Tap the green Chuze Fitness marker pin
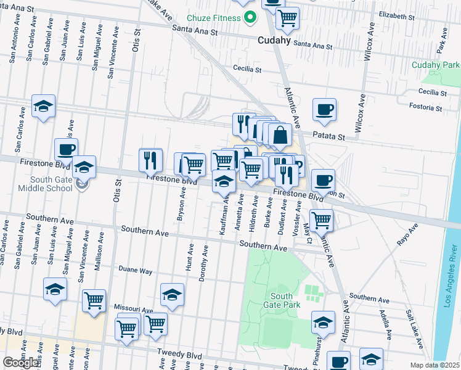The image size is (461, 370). (250, 18)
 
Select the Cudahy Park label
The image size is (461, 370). (436, 65)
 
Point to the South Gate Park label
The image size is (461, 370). (282, 300)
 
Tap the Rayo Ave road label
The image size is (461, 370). (407, 234)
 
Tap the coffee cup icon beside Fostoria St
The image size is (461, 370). (324, 109)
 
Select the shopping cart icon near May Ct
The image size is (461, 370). (321, 219)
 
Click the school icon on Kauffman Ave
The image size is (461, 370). (224, 181)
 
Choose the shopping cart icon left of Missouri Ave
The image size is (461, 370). (94, 300)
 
